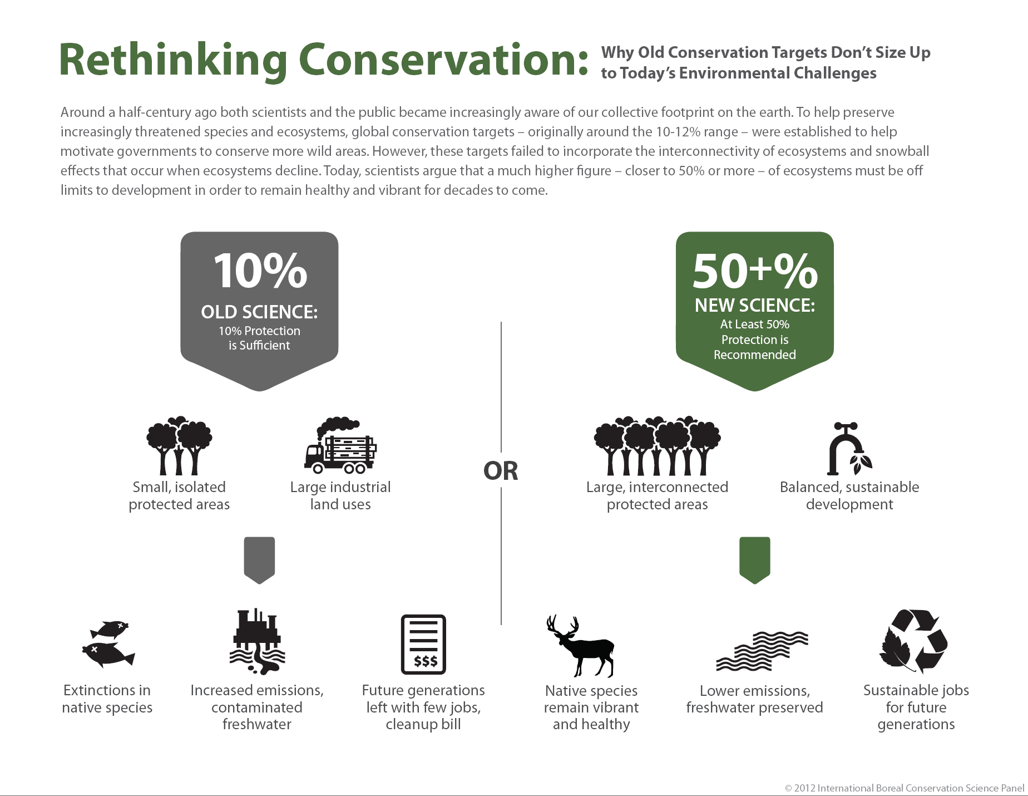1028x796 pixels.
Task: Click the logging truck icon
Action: [340, 445]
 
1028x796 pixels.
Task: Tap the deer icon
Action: [580, 645]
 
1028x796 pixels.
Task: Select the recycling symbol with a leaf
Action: [913, 641]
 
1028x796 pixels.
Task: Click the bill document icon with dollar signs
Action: [423, 644]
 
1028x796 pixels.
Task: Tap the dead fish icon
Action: [108, 644]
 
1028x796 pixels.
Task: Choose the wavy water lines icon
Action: [762, 651]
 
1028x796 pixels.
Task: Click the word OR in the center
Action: [501, 471]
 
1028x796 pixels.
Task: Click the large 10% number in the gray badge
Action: [260, 271]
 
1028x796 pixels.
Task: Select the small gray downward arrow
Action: [259, 560]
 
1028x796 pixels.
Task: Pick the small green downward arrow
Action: [754, 560]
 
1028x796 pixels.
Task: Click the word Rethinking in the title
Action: [173, 60]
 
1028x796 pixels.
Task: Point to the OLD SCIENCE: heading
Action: [259, 312]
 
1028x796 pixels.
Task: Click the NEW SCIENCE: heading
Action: [755, 305]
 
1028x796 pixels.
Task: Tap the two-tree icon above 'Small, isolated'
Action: [179, 445]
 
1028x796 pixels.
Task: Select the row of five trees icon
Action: [657, 445]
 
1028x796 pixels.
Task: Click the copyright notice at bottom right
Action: [905, 788]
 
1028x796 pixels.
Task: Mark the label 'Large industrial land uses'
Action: [340, 495]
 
